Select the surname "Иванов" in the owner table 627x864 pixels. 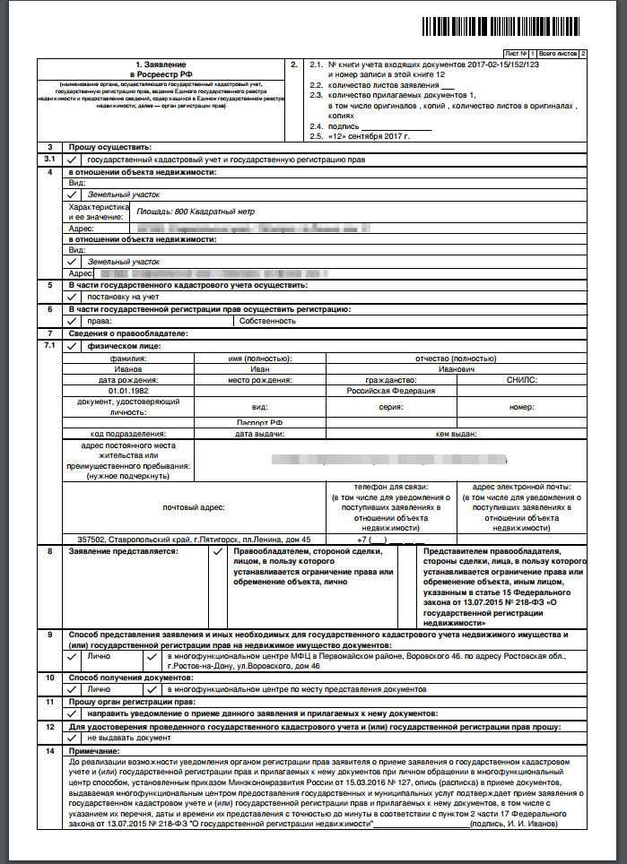tap(128, 368)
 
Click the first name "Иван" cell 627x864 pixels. tap(259, 368)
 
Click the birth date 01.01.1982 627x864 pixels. tap(127, 391)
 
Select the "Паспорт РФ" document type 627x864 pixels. tap(259, 422)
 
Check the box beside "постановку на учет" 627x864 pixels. tap(72, 297)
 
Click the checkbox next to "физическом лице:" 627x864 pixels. tap(72, 345)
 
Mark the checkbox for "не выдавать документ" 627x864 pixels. tap(72, 737)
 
